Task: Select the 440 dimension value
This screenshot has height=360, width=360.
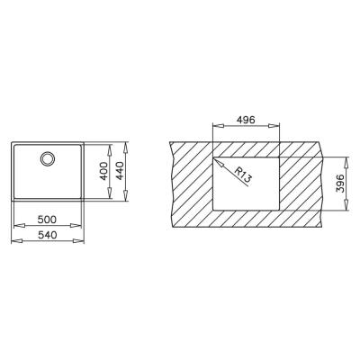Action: click(x=119, y=172)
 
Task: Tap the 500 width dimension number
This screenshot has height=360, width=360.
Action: click(x=47, y=219)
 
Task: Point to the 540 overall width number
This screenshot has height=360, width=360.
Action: click(x=47, y=233)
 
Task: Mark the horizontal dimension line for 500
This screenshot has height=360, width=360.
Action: click(x=47, y=226)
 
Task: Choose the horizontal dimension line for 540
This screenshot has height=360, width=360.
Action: click(x=47, y=241)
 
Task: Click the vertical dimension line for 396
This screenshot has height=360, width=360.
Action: click(x=343, y=184)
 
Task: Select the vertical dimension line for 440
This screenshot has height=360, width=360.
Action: click(x=126, y=172)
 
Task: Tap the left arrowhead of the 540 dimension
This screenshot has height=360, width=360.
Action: click(x=12, y=241)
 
